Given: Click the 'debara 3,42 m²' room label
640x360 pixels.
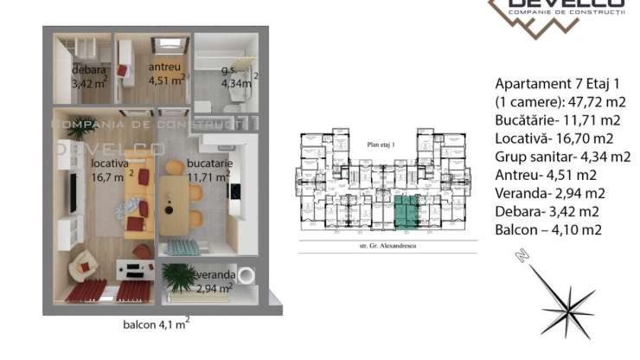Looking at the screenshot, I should coord(90,76).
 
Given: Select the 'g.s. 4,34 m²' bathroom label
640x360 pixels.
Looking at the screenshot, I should coord(231,77).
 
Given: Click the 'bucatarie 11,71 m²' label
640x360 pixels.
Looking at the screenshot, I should coord(205,170).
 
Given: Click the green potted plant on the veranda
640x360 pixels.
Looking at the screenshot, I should coord(181,276).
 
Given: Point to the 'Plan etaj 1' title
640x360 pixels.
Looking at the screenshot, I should coord(381,145).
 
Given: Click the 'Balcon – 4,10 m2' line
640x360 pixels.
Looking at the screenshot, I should coord(549,229).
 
